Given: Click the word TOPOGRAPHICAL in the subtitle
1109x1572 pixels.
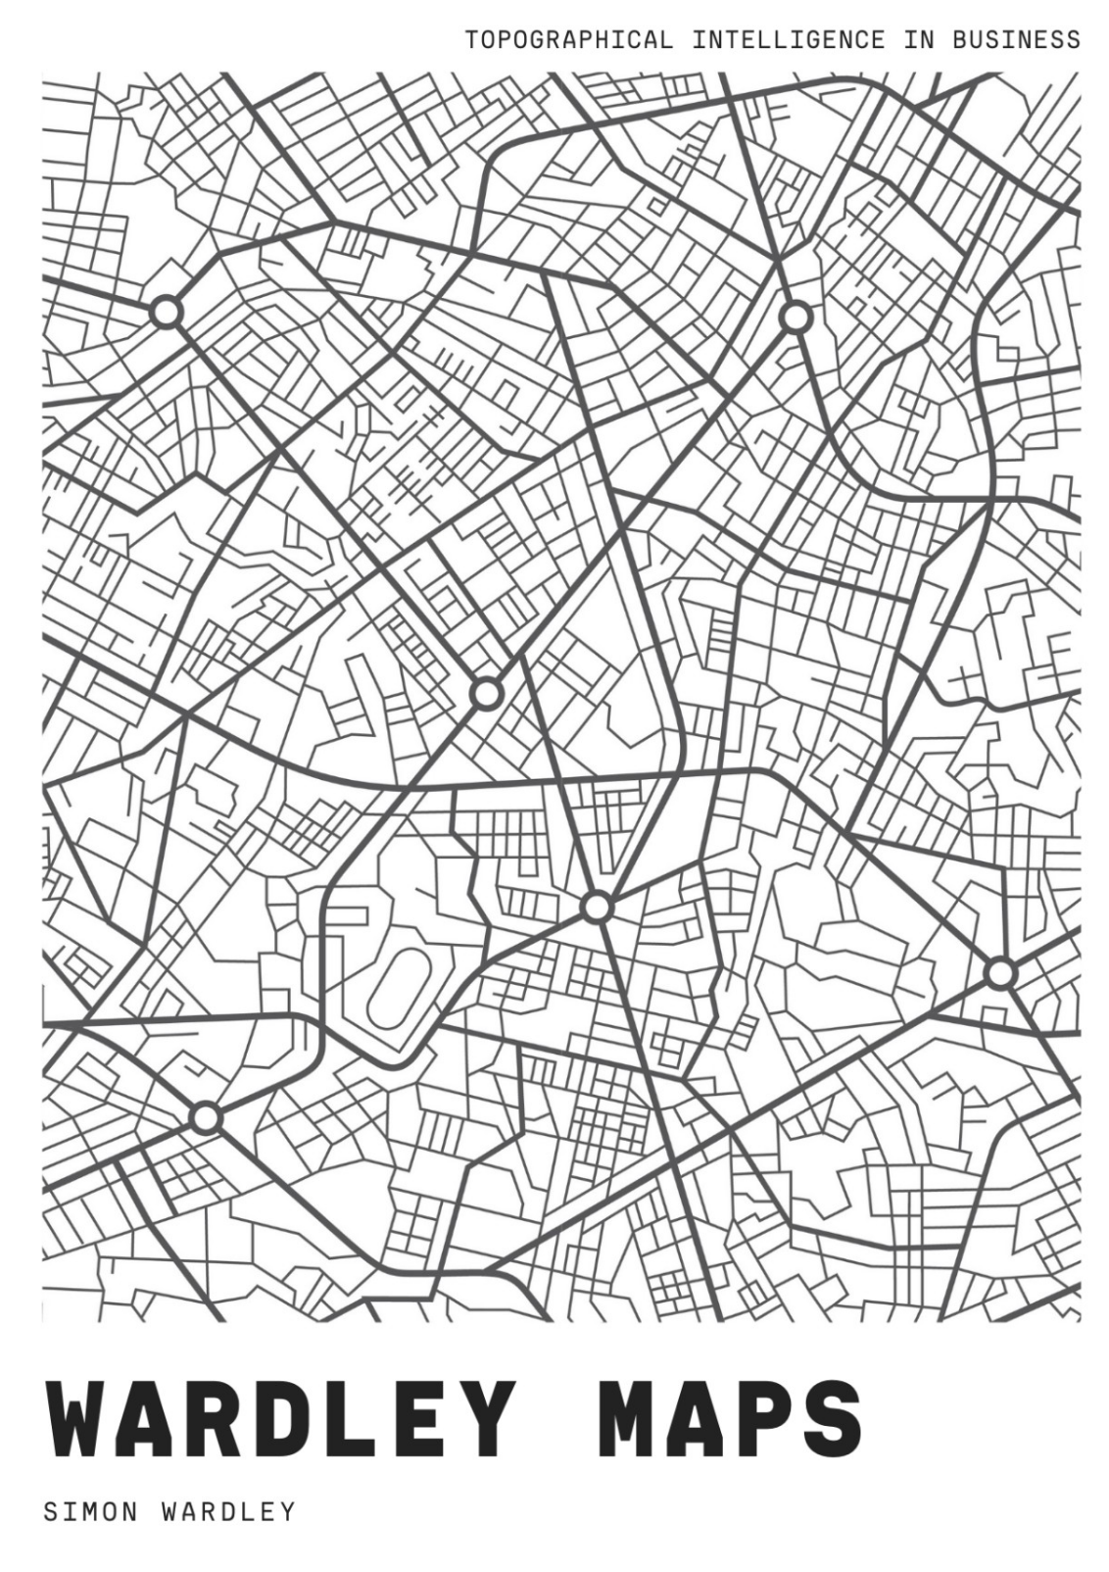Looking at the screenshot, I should [x=569, y=40].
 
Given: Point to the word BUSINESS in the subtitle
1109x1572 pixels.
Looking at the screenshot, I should [x=1016, y=40].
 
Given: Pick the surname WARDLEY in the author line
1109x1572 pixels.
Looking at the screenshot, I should [x=227, y=1512].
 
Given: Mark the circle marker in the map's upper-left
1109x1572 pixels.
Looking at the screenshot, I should [x=167, y=313].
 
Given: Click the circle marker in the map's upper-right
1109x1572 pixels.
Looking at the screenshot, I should [x=796, y=318].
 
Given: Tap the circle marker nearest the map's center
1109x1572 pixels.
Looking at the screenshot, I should [x=486, y=694].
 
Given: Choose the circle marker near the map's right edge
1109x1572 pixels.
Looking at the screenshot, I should [x=999, y=973].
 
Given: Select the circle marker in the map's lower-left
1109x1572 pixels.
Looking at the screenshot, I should [x=205, y=1117].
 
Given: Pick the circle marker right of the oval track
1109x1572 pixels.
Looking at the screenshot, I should [x=596, y=908].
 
